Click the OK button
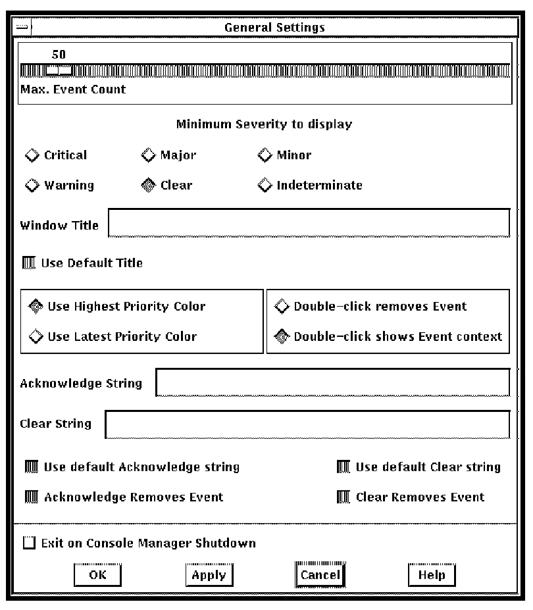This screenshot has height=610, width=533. tap(97, 574)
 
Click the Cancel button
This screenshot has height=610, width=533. tap(320, 574)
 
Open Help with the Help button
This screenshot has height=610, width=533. tap(432, 574)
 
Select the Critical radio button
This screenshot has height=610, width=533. tap(32, 156)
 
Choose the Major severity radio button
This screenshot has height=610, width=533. tap(148, 156)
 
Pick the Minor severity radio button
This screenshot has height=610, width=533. tap(265, 156)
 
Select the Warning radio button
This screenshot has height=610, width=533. tap(32, 186)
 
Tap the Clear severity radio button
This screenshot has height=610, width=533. tap(148, 186)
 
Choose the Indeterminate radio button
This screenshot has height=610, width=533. tap(265, 186)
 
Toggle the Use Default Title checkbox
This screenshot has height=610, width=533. tap(31, 263)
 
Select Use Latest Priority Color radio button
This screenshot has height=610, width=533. tap(36, 336)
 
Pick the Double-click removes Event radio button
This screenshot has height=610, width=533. tap(282, 307)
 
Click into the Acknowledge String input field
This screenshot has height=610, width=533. tap(332, 383)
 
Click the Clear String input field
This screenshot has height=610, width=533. tap(307, 424)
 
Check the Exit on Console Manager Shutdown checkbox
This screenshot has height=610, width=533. tap(29, 544)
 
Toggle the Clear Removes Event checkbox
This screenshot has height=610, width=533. tap(343, 497)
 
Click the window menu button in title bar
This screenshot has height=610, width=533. tap(23, 28)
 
